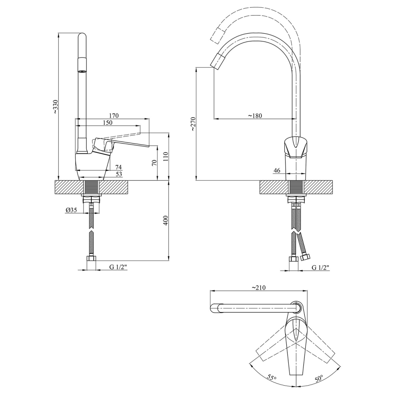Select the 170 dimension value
coord(114,116)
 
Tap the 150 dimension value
coord(108,123)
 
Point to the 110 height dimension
coord(165,157)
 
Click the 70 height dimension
coord(154,162)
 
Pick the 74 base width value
coord(118,167)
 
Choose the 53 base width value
coord(118,174)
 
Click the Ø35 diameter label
coord(71,210)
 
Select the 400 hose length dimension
coord(166,220)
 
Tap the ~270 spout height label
coord(193,124)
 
